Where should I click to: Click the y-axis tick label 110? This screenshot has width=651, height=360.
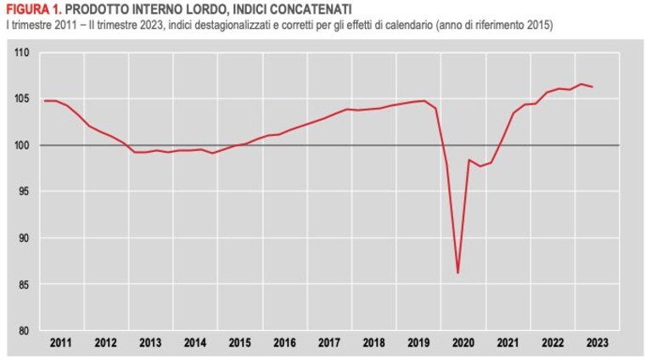(x=21, y=53)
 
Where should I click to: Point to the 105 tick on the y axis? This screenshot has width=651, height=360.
(x=21, y=98)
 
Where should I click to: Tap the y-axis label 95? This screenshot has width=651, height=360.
(x=24, y=191)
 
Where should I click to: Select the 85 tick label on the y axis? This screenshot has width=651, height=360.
(x=24, y=284)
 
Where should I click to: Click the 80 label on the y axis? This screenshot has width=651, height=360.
(x=24, y=331)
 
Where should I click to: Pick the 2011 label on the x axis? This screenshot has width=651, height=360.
(x=60, y=343)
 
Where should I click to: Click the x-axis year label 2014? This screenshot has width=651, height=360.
(x=195, y=343)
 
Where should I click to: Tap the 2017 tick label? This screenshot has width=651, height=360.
(x=329, y=343)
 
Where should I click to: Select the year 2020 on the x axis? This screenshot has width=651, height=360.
(x=463, y=343)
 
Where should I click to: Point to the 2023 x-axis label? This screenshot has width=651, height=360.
(x=597, y=343)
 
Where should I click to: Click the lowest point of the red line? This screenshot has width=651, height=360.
(x=457, y=273)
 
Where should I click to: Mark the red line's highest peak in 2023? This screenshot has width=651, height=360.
(x=581, y=84)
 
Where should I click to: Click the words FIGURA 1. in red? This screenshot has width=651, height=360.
(x=34, y=8)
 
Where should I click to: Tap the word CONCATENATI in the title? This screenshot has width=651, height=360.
(x=311, y=8)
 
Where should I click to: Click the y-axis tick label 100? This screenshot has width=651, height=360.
(x=21, y=145)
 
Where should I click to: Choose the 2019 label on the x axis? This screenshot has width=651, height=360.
(x=418, y=343)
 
